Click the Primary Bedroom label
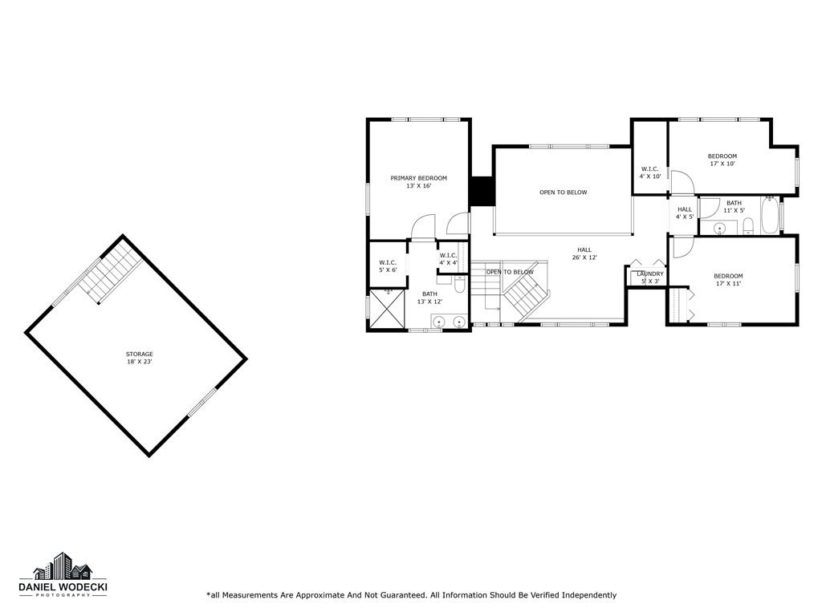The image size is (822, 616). tap(418, 182)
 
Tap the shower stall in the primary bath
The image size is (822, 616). tap(387, 310)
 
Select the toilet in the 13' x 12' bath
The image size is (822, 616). tap(459, 284)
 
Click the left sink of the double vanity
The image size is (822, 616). tap(439, 322)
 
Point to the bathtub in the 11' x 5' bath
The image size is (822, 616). tap(769, 217)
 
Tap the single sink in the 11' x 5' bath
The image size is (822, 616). tap(720, 228)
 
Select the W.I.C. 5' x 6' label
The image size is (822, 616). tap(388, 266)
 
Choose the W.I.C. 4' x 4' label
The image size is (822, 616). tap(448, 259)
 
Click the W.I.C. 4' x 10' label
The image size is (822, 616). tap(650, 172)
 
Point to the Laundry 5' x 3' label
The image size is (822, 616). tap(650, 278)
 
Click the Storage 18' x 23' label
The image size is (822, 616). tap(139, 358)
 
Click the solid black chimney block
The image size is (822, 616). tap(481, 191)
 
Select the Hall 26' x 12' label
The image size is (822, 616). tap(584, 253)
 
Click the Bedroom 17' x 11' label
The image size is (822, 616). tap(728, 280)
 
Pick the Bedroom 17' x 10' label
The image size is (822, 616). tap(722, 160)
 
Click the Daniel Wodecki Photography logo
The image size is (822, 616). tap(63, 576)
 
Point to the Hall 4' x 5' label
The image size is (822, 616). tap(684, 213)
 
